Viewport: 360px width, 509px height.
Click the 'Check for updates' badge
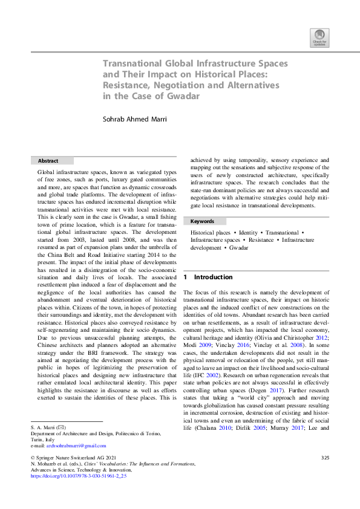319,38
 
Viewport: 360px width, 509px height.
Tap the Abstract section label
48,161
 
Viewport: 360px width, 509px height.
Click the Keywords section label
202,221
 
